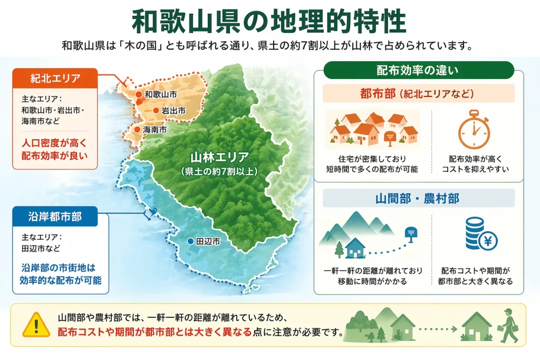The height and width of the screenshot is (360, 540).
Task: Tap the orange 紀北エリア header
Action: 55,79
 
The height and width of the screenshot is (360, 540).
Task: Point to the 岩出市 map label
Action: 173,111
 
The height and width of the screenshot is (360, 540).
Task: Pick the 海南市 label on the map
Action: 155,129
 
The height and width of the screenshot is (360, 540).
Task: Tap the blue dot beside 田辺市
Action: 190,241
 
